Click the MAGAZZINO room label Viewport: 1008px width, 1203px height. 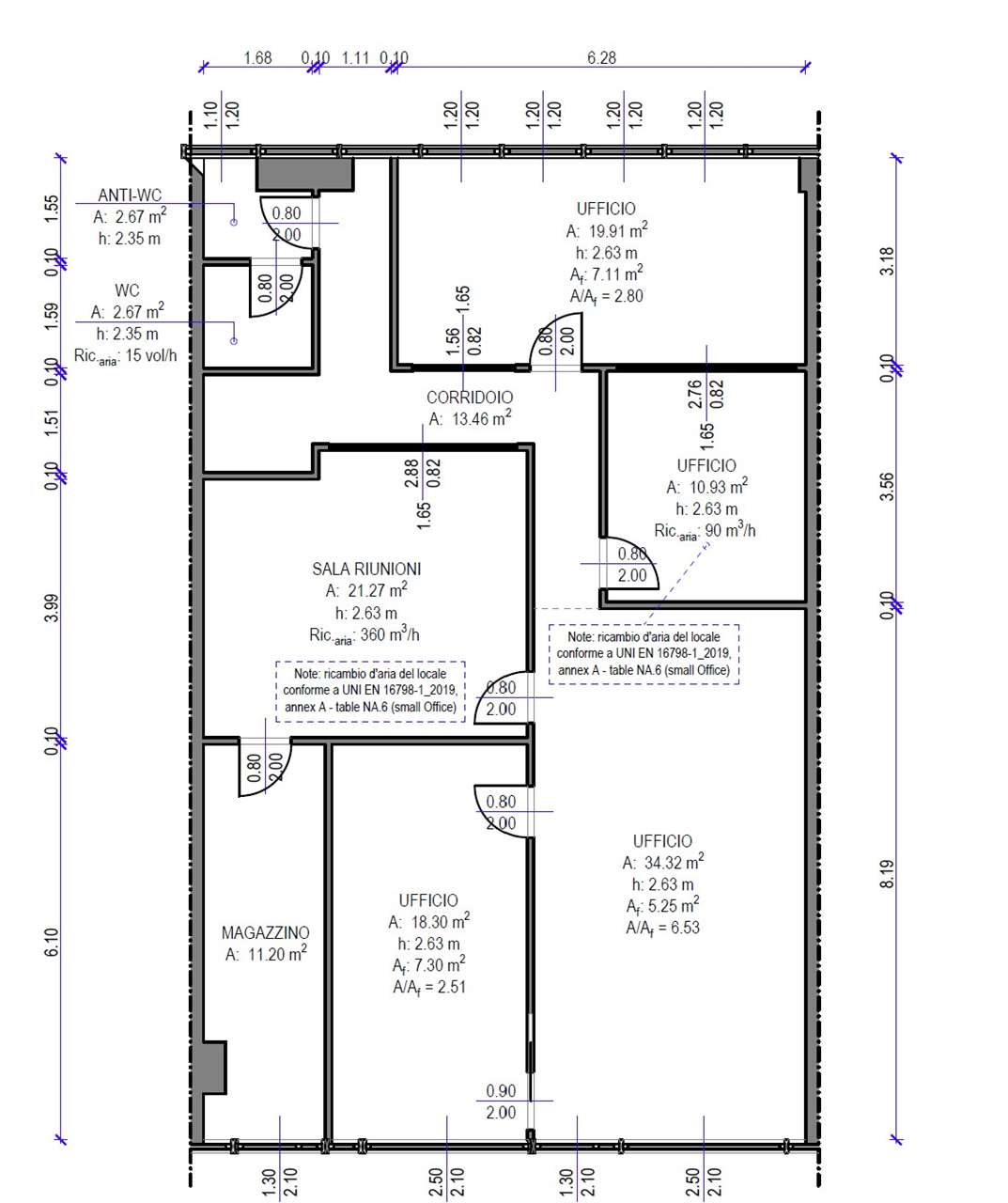[x=266, y=932]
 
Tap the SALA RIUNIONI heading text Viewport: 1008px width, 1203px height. [x=366, y=569]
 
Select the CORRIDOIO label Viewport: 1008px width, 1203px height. [x=470, y=397]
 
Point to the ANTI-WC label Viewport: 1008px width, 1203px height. [x=130, y=195]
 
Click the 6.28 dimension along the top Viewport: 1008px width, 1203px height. [x=601, y=57]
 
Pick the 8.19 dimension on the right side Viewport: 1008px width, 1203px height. [x=888, y=873]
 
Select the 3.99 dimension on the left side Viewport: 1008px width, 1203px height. [x=52, y=608]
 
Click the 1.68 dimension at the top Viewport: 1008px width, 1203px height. [x=257, y=57]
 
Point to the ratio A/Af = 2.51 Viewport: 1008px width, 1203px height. [x=429, y=987]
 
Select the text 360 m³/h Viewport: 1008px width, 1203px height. [x=390, y=634]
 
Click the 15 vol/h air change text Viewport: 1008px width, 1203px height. [x=151, y=355]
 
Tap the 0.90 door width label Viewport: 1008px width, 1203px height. [x=501, y=1090]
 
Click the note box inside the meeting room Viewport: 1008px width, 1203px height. [x=370, y=692]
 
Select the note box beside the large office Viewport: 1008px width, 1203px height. [x=644, y=654]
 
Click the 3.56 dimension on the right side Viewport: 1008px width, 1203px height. [x=888, y=486]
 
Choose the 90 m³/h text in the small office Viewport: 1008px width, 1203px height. [x=730, y=529]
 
